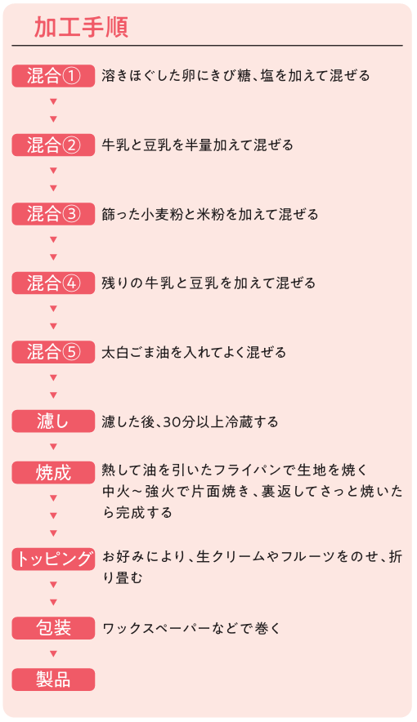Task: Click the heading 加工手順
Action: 81,28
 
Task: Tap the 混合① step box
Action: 53,76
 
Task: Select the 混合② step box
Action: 53,145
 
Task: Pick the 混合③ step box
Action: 53,214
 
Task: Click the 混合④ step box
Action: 53,283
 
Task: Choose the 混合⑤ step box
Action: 53,352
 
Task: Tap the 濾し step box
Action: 53,421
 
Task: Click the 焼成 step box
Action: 53,472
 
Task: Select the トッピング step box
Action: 53,559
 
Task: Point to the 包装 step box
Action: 53,628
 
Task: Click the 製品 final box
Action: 53,680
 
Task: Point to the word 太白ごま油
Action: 136,353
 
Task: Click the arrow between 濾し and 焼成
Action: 53,447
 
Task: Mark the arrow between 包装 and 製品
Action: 53,654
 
